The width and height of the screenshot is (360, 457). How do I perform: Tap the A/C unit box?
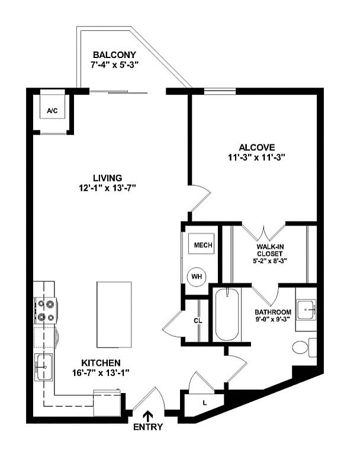click(52, 111)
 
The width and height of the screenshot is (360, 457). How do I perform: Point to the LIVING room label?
click(107, 178)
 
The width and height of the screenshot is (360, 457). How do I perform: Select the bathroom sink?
click(306, 308)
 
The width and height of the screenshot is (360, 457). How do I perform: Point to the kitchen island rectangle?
click(114, 314)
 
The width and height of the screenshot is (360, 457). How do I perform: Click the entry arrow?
click(147, 417)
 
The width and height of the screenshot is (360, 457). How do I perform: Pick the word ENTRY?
click(147, 427)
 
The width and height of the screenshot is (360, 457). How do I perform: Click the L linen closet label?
click(204, 403)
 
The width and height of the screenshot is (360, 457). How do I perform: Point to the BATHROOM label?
click(273, 312)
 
